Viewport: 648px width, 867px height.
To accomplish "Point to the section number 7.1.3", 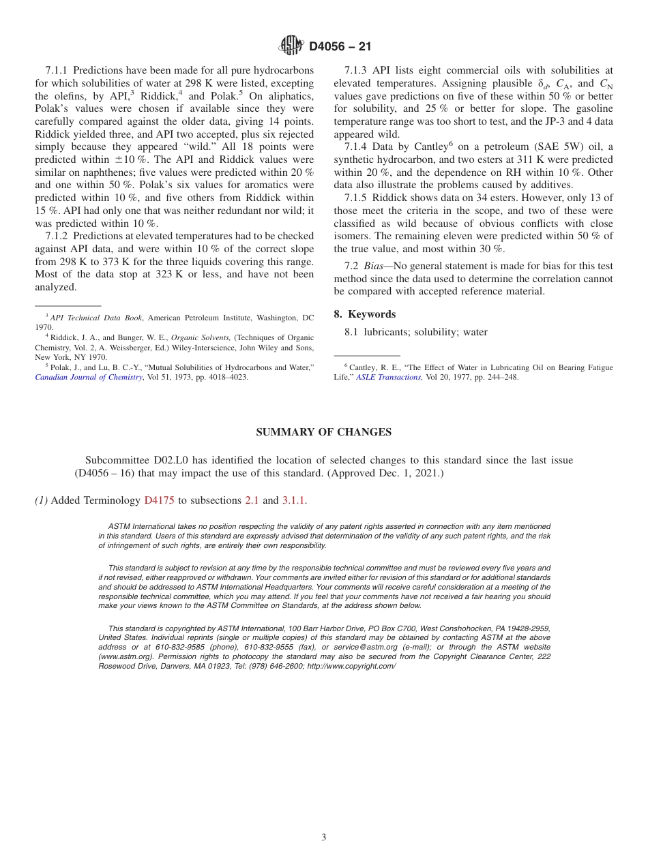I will [356, 70].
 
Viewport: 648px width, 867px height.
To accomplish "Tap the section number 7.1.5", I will [356, 198].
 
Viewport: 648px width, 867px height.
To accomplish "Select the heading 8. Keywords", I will [364, 314].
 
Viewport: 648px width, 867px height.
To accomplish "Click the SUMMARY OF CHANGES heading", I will [323, 432].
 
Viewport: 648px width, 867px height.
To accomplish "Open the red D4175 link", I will [159, 500].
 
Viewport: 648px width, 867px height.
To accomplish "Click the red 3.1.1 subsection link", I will [294, 500].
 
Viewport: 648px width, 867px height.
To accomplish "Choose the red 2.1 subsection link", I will [252, 500].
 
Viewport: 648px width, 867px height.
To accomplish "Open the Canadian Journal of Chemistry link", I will [89, 377].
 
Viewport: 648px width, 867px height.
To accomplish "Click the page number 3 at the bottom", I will [324, 837].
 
